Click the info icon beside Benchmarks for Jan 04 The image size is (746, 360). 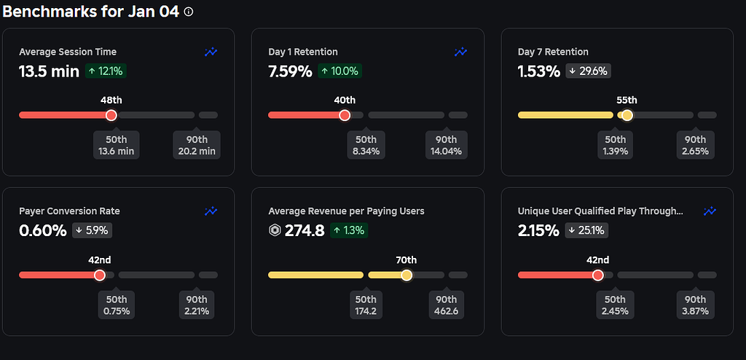[189, 12]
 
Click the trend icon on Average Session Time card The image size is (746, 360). [211, 52]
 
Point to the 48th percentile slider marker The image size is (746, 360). [111, 115]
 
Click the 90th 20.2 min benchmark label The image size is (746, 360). [197, 145]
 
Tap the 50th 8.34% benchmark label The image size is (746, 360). [366, 145]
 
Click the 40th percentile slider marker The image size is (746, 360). [345, 115]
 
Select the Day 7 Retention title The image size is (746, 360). [553, 52]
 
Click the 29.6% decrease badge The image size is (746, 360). [587, 71]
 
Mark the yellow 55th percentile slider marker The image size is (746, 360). [627, 115]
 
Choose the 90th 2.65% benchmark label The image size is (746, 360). [695, 145]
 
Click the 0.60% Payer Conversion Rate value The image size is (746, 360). [42, 230]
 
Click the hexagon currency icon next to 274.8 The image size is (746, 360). [275, 230]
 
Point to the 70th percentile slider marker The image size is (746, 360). [407, 275]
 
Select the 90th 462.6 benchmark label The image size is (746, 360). [446, 305]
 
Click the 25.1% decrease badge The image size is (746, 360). [587, 230]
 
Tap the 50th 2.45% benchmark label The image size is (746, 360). [615, 305]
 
